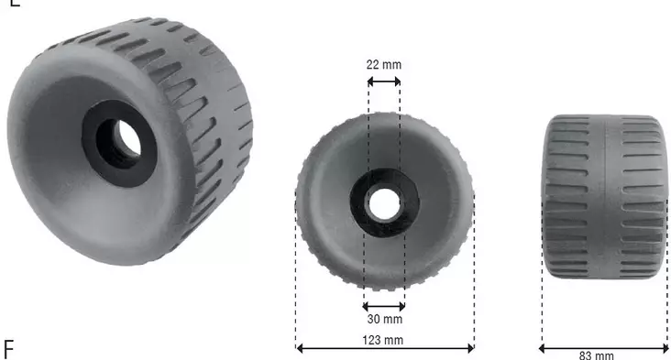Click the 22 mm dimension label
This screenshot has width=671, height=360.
(383, 65)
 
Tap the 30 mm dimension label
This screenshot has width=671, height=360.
(383, 320)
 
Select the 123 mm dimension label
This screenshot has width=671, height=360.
(384, 341)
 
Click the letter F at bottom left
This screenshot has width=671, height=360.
(9, 349)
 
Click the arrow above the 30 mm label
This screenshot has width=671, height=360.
(383, 306)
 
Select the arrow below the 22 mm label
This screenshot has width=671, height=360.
(383, 82)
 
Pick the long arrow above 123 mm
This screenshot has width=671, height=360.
(384, 347)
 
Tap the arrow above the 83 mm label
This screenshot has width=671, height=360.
(603, 347)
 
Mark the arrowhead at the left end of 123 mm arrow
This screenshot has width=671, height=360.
(299, 347)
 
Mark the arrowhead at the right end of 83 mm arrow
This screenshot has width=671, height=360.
(665, 347)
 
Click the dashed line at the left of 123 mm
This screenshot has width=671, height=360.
(296, 275)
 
